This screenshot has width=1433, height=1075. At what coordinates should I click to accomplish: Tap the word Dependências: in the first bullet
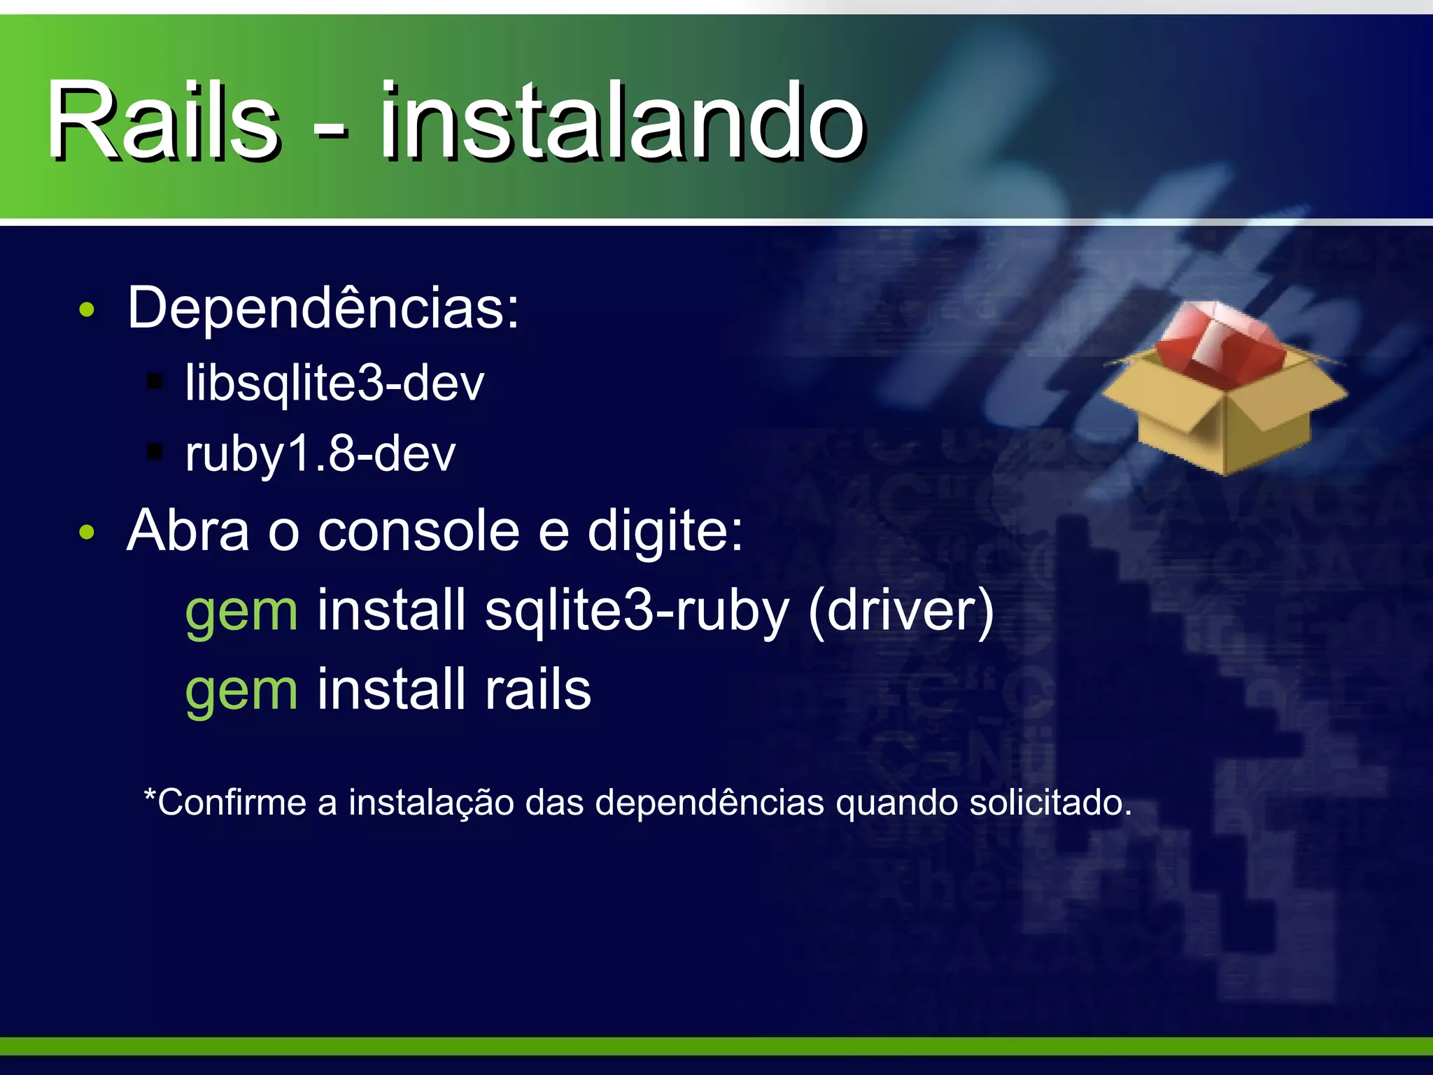coord(323,308)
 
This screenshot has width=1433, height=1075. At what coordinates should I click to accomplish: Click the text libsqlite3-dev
coord(334,384)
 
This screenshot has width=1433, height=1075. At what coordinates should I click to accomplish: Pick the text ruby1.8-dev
coord(320,454)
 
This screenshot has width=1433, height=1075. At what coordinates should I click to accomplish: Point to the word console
coord(418,531)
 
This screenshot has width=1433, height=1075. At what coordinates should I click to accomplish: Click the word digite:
coord(665,531)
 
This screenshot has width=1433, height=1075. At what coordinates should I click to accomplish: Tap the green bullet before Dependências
coord(87,310)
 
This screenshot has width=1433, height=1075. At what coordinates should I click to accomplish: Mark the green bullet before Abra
coord(87,533)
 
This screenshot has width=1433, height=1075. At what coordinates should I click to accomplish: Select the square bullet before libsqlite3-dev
coord(155,382)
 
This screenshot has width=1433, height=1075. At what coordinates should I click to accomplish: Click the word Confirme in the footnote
coord(231,803)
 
